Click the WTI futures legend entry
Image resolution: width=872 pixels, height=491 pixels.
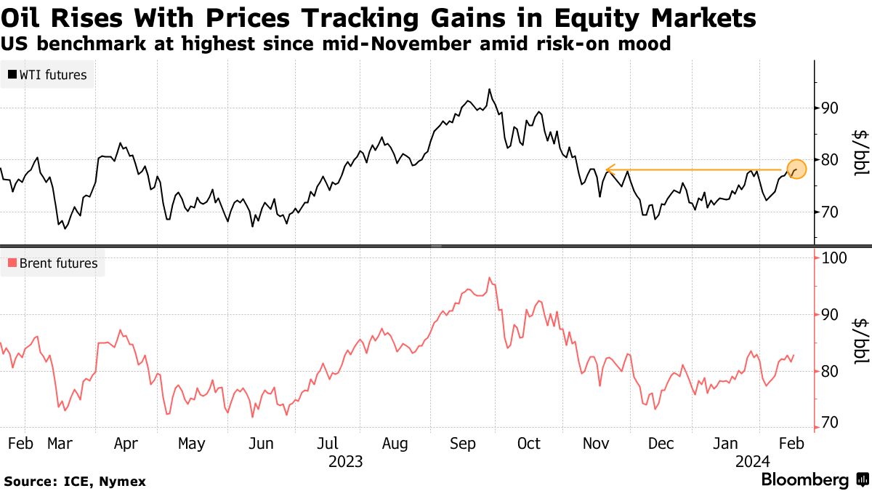(x=48, y=74)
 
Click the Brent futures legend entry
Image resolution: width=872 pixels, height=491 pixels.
(x=52, y=263)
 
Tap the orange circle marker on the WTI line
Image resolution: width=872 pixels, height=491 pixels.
(x=796, y=169)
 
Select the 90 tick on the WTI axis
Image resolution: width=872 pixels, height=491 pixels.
(x=830, y=108)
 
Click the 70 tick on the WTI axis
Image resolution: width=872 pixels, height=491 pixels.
(x=830, y=212)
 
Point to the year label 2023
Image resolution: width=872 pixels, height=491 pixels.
(x=346, y=461)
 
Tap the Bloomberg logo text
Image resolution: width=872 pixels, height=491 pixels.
(x=804, y=480)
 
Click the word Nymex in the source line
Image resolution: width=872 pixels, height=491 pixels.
(x=124, y=482)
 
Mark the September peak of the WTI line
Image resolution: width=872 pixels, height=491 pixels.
(x=489, y=89)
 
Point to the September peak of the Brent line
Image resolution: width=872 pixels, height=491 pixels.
(x=490, y=277)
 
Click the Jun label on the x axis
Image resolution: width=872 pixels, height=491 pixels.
(x=261, y=443)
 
